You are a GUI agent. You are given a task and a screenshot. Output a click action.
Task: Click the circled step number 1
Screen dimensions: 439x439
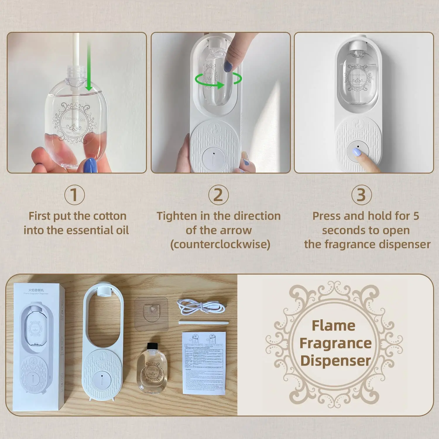(74, 195)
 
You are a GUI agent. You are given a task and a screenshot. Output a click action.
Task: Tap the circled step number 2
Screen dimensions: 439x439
(218, 195)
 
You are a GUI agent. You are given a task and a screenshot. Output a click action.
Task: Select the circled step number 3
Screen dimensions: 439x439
(361, 195)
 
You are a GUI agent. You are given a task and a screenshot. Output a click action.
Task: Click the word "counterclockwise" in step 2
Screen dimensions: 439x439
(220, 244)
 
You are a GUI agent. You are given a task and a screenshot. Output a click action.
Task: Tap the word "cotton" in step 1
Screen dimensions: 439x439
(109, 216)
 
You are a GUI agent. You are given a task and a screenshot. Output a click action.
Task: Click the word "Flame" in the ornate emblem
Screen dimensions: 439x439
(333, 325)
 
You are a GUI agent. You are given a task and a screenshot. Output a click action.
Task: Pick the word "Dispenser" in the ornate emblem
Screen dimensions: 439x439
(335, 361)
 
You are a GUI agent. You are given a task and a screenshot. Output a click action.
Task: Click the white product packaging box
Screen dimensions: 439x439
(36, 347)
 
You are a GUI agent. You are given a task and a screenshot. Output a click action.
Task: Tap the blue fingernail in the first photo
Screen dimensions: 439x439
(90, 166)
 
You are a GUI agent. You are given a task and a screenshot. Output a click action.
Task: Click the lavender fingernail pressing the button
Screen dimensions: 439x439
(356, 152)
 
